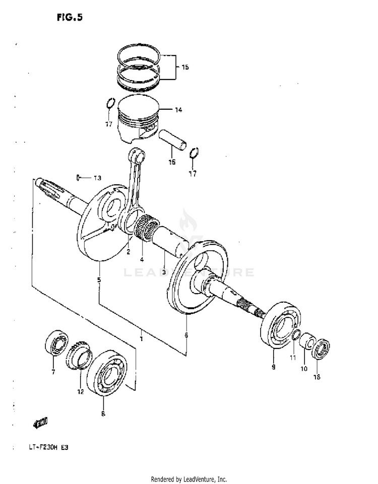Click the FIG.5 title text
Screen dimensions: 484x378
(69, 18)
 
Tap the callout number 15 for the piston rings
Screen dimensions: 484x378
(185, 67)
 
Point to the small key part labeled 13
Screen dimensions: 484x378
(79, 177)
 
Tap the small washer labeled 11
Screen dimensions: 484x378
(297, 334)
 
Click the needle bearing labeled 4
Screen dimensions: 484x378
(147, 226)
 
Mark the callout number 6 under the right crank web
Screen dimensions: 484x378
(186, 335)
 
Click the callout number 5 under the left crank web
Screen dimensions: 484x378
(99, 280)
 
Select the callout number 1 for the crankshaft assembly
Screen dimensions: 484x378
(142, 339)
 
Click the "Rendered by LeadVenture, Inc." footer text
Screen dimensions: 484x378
(189, 479)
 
